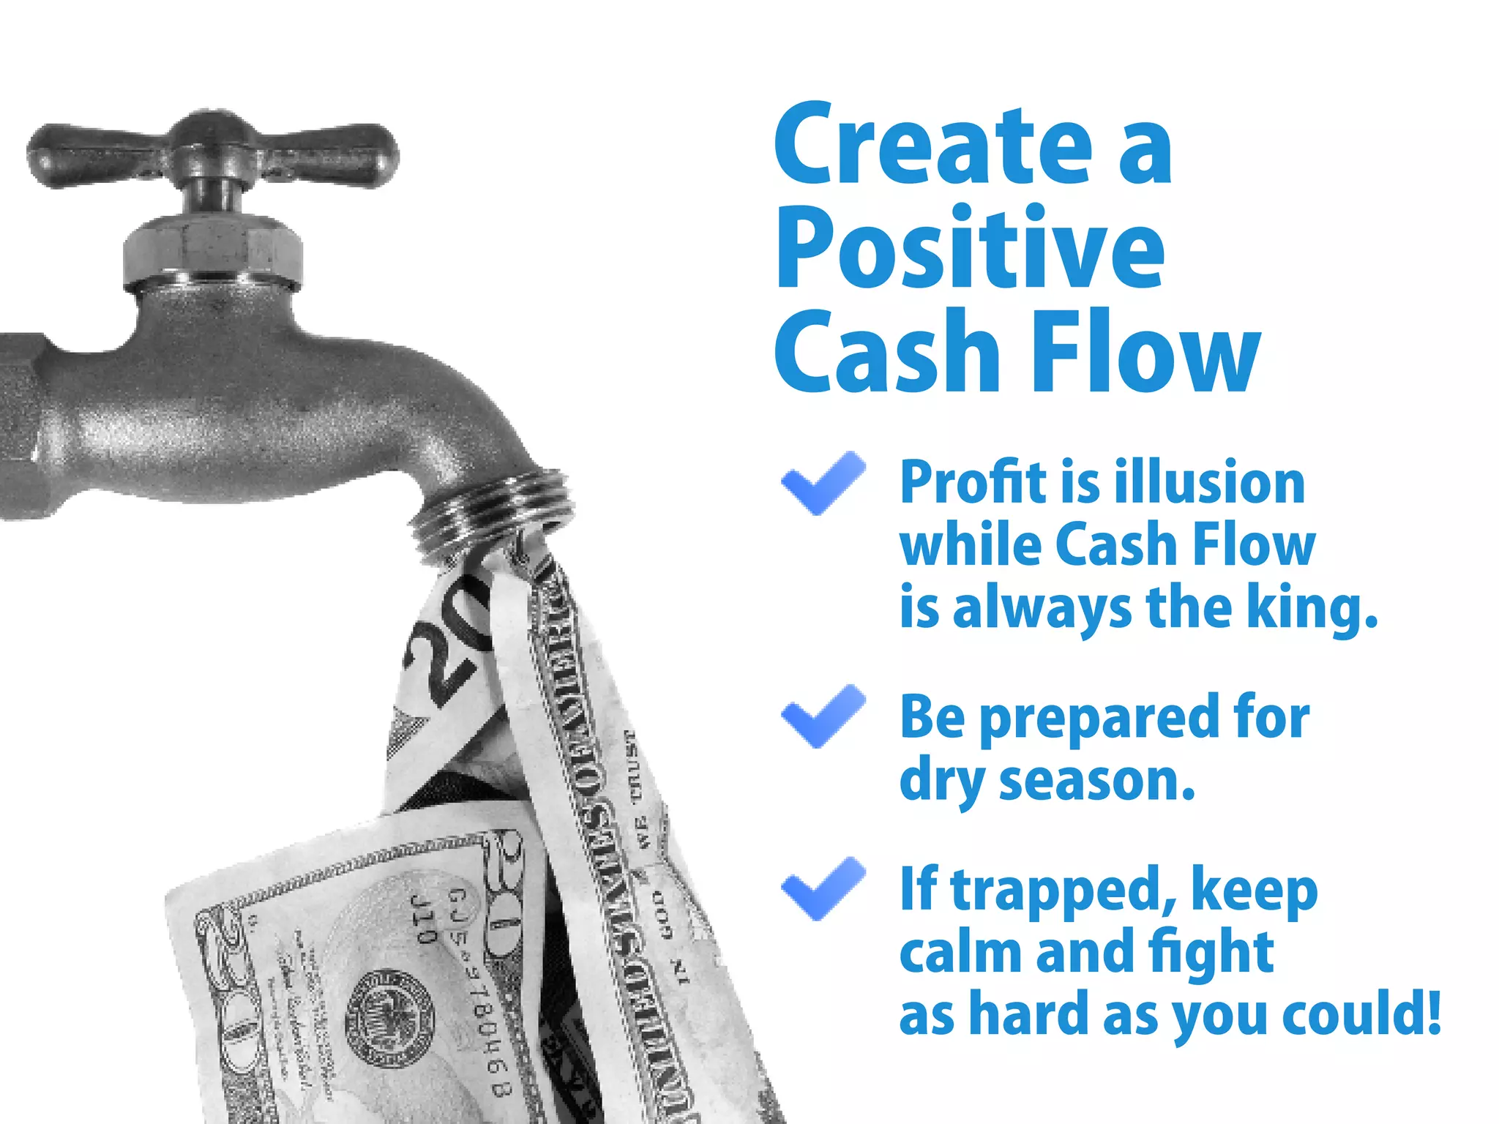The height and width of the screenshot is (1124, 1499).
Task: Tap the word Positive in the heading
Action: (x=970, y=249)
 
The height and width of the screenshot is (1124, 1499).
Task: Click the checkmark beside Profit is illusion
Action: (x=823, y=483)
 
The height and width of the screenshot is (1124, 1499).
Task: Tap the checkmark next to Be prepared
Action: (x=823, y=716)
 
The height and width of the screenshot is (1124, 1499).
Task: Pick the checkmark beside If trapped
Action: (x=823, y=888)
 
